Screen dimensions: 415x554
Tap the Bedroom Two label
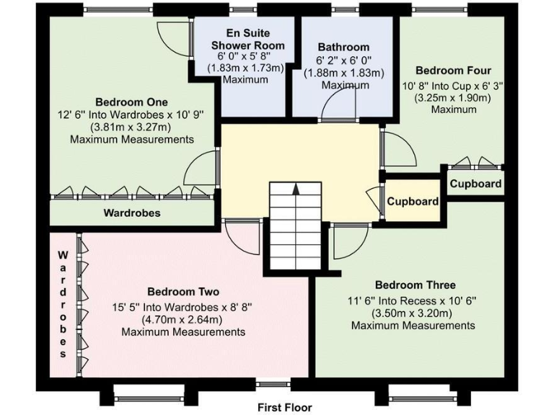point(183,292)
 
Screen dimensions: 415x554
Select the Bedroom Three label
point(415,285)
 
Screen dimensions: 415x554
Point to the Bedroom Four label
point(453,71)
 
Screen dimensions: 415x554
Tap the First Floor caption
point(285,407)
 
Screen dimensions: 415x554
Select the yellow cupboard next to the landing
point(413,201)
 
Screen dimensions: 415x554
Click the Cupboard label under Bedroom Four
point(475,184)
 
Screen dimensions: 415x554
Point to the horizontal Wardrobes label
point(132,213)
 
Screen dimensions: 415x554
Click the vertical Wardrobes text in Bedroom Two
point(63,305)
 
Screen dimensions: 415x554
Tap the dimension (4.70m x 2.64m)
point(183,319)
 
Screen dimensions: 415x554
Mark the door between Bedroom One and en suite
point(173,32)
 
